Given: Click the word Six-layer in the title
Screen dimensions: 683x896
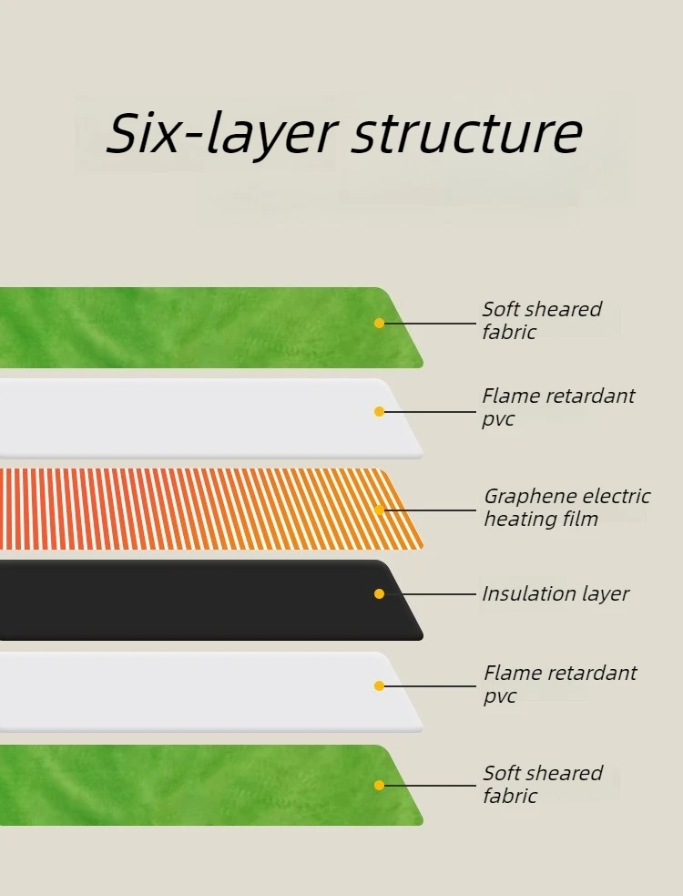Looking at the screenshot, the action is coord(223,133).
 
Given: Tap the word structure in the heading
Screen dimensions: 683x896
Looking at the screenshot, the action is coord(467,133).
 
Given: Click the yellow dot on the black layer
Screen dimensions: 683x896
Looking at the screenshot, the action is coord(379,593).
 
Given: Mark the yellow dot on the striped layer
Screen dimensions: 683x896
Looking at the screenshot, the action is coord(379,510).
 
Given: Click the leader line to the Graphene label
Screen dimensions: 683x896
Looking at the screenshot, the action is coord(430,510).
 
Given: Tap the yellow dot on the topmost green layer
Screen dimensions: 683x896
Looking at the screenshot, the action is coord(379,323).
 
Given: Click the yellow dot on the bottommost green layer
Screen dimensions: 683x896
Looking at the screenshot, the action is coord(379,785).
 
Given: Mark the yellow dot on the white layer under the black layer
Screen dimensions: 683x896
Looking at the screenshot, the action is coord(379,685).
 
